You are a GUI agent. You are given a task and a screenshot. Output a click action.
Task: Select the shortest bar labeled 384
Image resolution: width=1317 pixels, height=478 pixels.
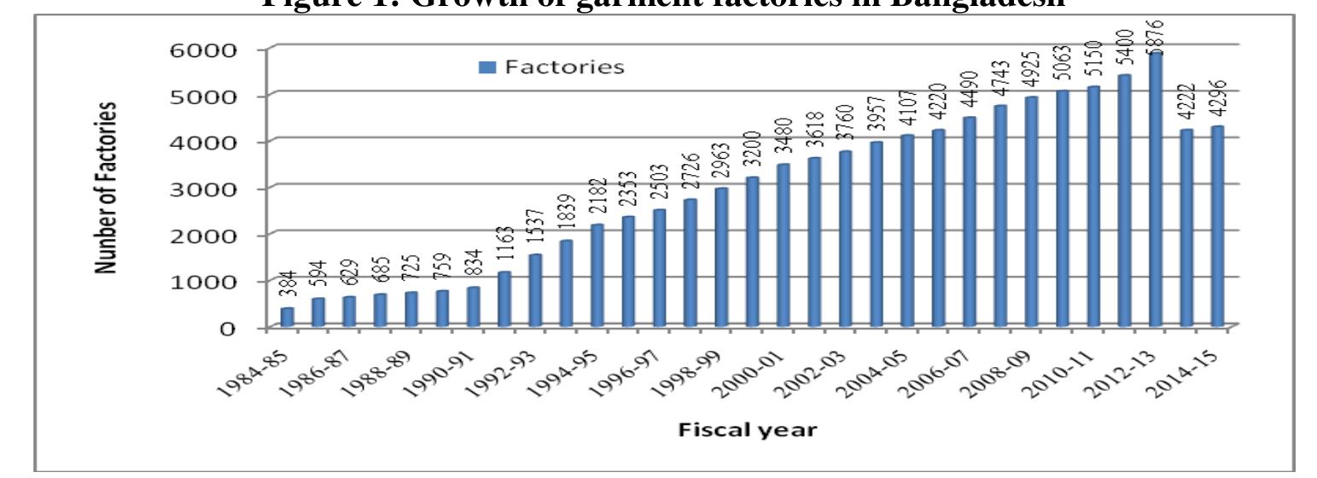pos(288,317)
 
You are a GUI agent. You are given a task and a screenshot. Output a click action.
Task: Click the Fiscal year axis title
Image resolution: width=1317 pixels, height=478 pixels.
pos(747,429)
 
